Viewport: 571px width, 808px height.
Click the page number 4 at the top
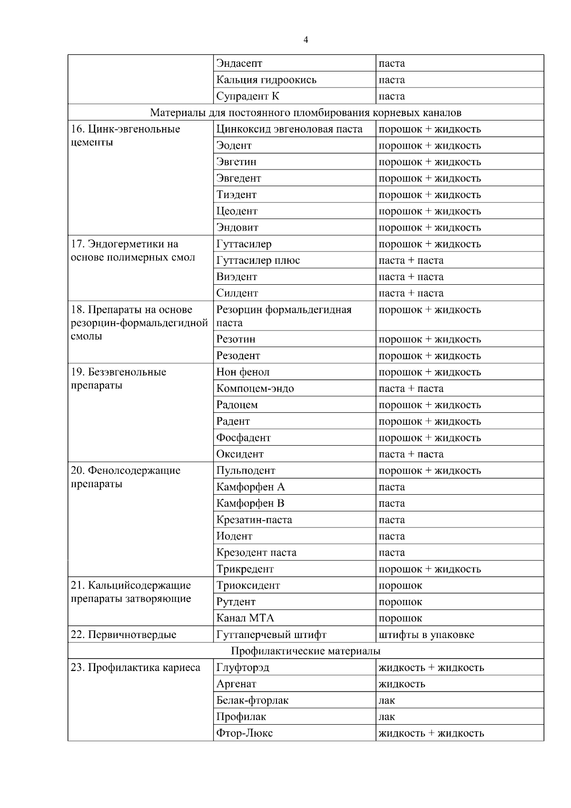coord(305,40)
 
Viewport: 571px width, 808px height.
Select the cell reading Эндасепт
coord(239,63)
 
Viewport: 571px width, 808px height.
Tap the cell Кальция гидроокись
coord(266,80)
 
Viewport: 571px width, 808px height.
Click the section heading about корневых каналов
coord(305,113)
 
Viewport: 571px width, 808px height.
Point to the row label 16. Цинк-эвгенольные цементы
coord(125,136)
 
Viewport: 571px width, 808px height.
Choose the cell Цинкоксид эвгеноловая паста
coord(289,129)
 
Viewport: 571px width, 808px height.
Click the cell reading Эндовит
coord(237,228)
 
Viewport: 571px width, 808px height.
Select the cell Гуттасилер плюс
coord(258,260)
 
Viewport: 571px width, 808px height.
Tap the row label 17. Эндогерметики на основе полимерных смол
coord(133,251)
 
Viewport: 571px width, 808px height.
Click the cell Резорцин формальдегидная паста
coord(284,316)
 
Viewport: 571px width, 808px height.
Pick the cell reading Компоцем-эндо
coord(255,389)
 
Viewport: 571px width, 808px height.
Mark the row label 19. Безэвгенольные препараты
coord(118,379)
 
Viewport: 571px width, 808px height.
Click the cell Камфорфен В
coord(250,503)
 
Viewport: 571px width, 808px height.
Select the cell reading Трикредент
coord(245,569)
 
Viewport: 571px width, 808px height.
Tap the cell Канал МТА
coord(245,618)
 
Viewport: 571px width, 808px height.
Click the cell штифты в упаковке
coord(426,635)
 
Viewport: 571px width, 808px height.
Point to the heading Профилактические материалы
coord(305,651)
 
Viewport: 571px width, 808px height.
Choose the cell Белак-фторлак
coord(252,700)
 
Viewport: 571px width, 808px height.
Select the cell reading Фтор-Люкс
coord(245,733)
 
